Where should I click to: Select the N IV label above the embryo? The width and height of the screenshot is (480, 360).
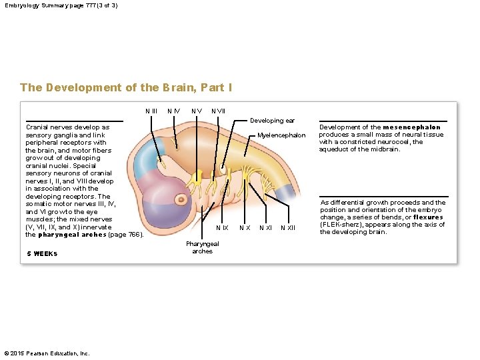coord(173,110)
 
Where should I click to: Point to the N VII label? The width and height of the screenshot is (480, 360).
coord(218,110)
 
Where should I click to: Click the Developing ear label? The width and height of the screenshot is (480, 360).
coord(272,121)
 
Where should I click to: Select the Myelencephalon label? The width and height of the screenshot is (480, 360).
coord(281,135)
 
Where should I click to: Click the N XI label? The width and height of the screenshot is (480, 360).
coord(265,229)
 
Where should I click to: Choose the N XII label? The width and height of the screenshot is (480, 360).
coord(288,229)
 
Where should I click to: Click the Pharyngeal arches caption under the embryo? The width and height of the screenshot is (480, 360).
coord(202,248)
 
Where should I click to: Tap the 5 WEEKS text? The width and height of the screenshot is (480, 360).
coord(42,253)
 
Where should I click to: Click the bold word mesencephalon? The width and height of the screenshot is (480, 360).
coord(411,127)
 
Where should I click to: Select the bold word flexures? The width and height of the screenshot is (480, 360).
coord(428,217)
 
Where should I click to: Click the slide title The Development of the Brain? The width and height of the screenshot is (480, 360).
coord(126,87)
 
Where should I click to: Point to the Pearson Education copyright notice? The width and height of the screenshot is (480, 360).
coord(47,353)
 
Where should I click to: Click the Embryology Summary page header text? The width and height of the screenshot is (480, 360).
coord(61,5)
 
